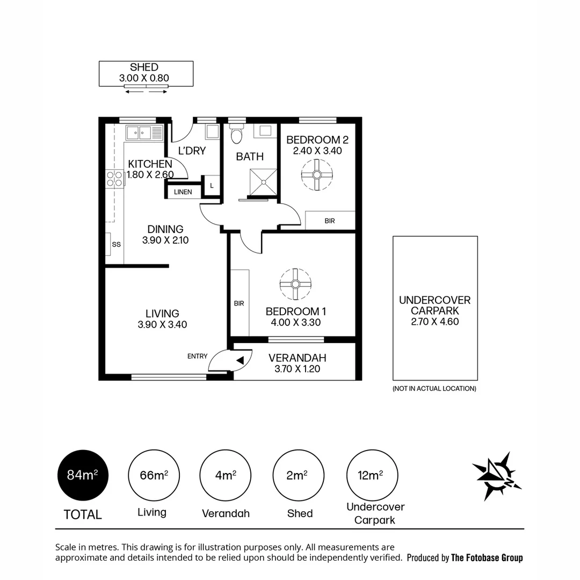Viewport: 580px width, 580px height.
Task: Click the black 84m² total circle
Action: [x=83, y=475]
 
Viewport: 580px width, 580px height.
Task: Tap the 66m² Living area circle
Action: [x=154, y=475]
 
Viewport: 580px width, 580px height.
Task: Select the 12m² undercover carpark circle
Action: [x=372, y=475]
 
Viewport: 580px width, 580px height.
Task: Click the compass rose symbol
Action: [x=497, y=475]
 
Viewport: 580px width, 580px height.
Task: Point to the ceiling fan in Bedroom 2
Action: [x=316, y=175]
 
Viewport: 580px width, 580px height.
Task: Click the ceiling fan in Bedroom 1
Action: [x=295, y=284]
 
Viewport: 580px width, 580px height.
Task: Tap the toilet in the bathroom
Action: [x=236, y=135]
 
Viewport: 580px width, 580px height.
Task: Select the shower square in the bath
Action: [x=264, y=182]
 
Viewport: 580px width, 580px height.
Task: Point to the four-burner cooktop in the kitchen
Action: [x=114, y=178]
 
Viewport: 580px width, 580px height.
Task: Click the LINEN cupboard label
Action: [x=183, y=192]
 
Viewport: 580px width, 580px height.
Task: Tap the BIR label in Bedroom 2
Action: [x=330, y=221]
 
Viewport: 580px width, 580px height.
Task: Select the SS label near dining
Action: [x=116, y=244]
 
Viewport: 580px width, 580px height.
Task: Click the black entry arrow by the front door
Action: [x=241, y=360]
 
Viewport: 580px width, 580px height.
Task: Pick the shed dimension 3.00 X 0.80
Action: [x=144, y=78]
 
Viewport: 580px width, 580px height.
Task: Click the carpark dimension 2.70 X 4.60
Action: [x=434, y=322]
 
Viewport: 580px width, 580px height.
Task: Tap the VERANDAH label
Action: [x=297, y=358]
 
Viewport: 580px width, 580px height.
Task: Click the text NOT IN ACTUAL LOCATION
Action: [x=434, y=388]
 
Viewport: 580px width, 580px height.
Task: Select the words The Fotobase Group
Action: [x=487, y=557]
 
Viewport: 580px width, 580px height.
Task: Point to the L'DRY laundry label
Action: [x=192, y=151]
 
